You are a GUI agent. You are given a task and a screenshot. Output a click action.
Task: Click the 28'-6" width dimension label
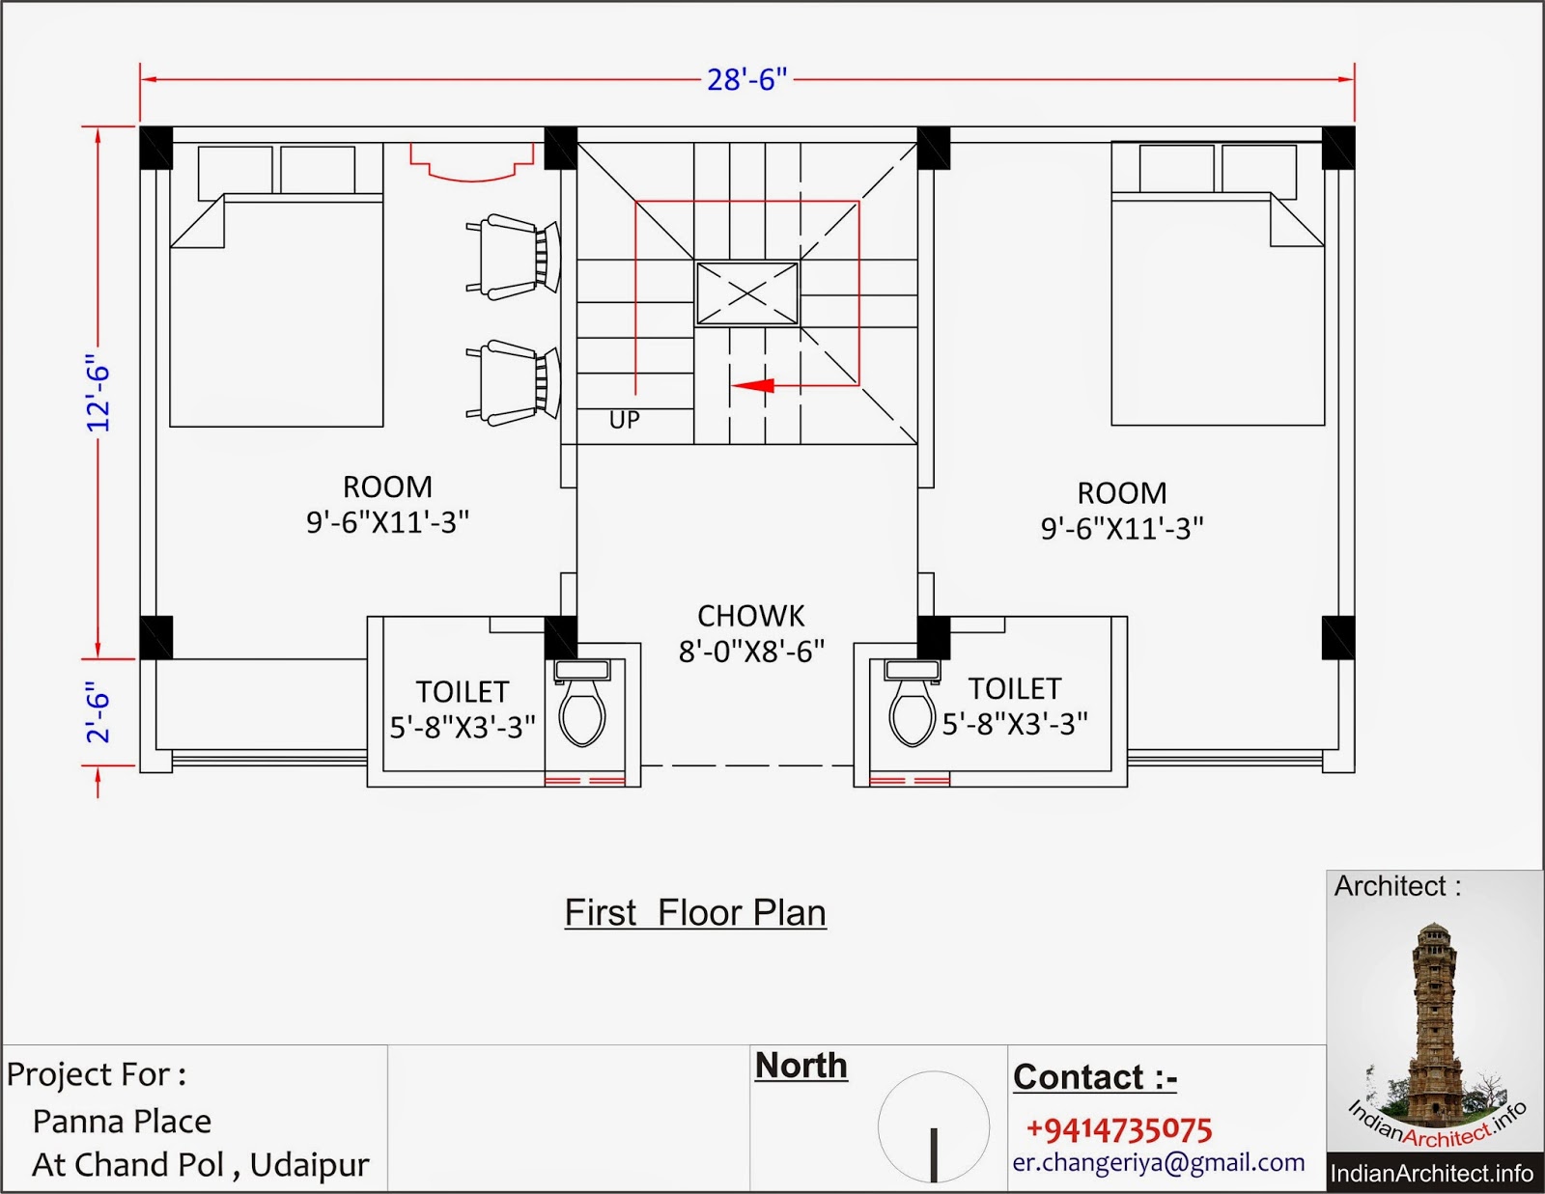[x=747, y=79]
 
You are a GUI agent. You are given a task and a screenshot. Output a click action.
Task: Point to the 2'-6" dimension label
[x=98, y=712]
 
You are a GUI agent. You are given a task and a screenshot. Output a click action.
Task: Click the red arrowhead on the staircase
[x=753, y=386]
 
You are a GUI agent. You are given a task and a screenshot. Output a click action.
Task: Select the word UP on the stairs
[x=624, y=420]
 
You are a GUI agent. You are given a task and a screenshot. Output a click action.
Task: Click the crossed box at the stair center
[x=747, y=293]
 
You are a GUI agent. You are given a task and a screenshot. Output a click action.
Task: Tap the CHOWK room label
[x=751, y=616]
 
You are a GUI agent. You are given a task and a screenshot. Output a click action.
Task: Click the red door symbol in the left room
[x=471, y=162]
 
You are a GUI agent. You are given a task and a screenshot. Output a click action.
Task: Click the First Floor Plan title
[x=695, y=913]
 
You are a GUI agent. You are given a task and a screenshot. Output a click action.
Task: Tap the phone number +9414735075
[x=1119, y=1129]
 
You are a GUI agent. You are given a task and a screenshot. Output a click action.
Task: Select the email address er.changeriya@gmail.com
[x=1158, y=1163]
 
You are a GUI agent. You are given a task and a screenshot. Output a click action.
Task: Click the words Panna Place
[x=122, y=1123]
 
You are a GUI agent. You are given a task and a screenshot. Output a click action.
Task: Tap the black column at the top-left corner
[x=155, y=148]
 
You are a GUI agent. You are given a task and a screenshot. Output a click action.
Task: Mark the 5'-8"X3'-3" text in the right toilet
[x=1015, y=724]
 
